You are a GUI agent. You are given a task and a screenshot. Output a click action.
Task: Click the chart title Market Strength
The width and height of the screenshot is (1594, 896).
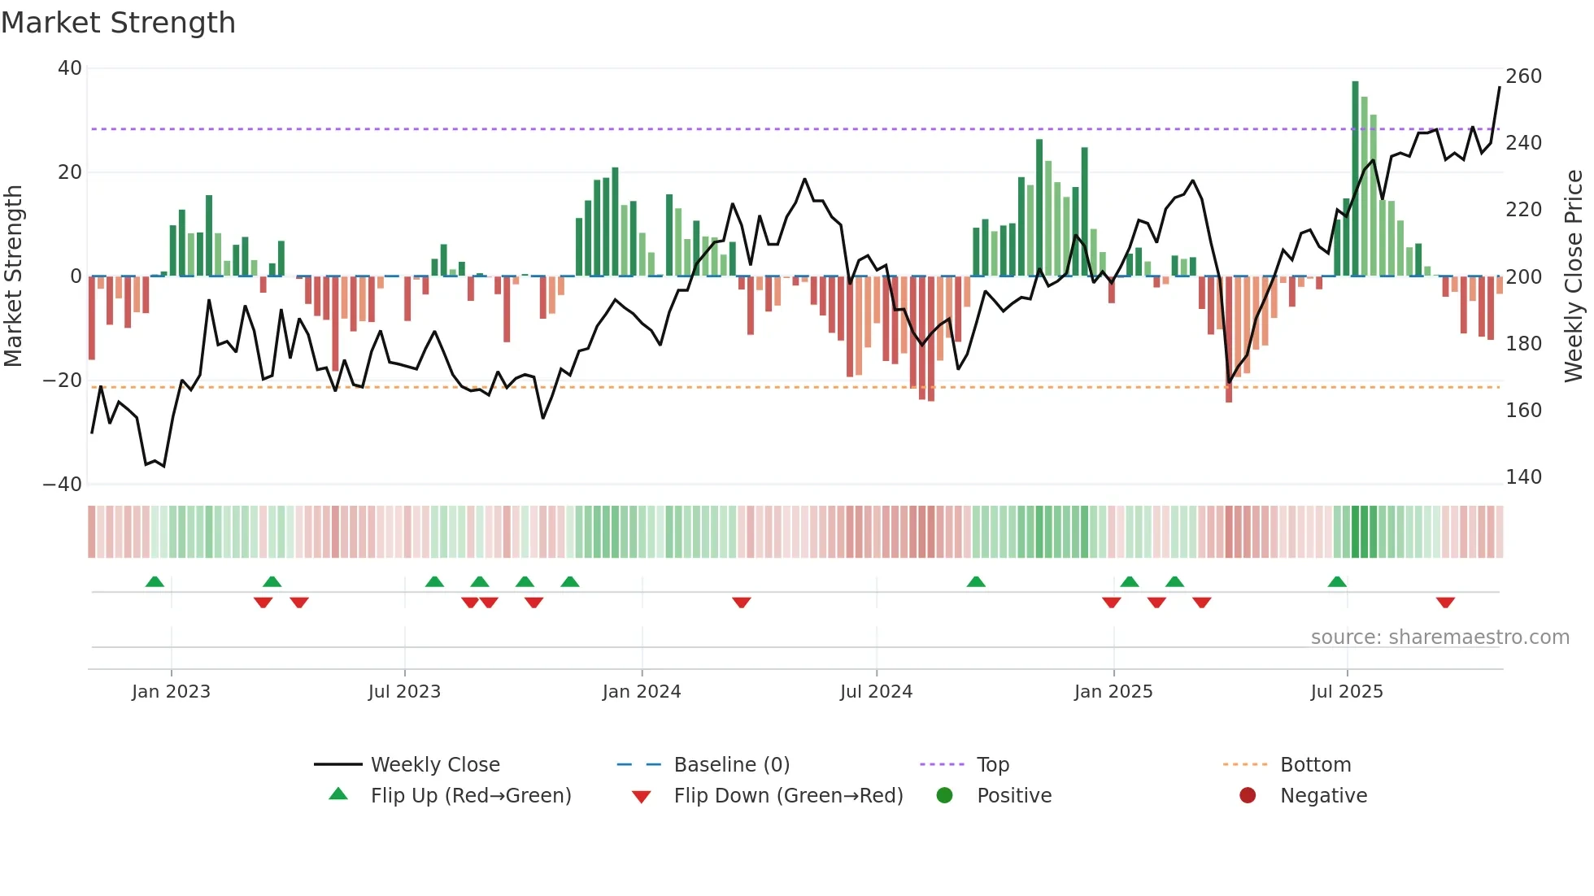[118, 23]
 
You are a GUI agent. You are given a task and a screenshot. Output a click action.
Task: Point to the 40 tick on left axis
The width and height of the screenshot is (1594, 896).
[70, 68]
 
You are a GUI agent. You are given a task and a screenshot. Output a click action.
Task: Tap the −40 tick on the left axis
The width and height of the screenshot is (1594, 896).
[63, 485]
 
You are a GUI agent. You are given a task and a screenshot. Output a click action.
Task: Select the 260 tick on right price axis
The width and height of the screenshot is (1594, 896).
[1523, 76]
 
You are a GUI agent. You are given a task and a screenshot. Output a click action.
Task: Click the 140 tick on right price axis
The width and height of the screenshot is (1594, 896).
[1523, 477]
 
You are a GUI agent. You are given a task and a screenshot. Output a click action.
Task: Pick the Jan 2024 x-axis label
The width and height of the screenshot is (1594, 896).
[642, 692]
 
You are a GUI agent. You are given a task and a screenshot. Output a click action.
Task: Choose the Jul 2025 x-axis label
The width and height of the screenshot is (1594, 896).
[1347, 692]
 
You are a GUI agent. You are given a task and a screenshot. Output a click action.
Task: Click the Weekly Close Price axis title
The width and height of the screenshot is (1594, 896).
[1574, 276]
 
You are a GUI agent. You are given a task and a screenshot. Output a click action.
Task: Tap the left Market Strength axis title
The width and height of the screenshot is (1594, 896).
[14, 276]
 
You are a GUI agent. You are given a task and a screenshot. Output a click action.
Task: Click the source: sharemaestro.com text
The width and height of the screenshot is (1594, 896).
[1439, 637]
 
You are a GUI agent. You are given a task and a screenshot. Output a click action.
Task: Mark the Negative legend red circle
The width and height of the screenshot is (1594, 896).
[1248, 796]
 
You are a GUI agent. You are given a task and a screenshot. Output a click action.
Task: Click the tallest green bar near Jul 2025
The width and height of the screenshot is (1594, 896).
[1355, 179]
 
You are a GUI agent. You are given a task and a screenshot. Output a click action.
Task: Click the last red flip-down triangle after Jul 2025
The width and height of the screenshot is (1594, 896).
[1445, 602]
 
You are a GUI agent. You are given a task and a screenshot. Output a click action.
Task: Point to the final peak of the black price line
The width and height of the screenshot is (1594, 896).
[1500, 88]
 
